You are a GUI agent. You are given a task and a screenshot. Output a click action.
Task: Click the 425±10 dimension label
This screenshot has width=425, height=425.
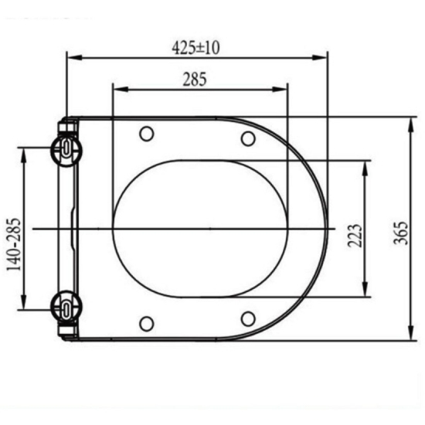pyautogui.click(x=195, y=48)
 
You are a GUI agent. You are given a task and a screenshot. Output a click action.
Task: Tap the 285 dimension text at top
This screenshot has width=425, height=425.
pyautogui.click(x=195, y=79)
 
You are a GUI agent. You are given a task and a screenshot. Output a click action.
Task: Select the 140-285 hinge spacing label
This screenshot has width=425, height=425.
pyautogui.click(x=14, y=244)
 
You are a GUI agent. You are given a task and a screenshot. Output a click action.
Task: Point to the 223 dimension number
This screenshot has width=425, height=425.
pyautogui.click(x=355, y=236)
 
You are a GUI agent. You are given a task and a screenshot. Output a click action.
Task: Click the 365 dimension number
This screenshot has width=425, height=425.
pyautogui.click(x=400, y=233)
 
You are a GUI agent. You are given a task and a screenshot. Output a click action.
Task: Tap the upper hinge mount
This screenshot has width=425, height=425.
pyautogui.click(x=66, y=150)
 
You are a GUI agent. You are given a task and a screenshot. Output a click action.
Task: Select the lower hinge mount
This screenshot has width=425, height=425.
pyautogui.click(x=66, y=307)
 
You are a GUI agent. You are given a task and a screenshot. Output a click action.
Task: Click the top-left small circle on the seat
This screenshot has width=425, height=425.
pyautogui.click(x=147, y=134)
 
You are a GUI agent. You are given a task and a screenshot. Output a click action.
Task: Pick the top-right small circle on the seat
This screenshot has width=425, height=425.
pyautogui.click(x=248, y=138)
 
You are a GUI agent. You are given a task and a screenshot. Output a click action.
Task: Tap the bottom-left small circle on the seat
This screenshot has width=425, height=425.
pyautogui.click(x=147, y=324)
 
